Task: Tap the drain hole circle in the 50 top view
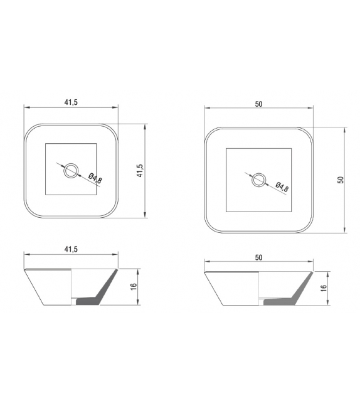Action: coord(258,180)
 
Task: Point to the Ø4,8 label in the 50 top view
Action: coord(282,187)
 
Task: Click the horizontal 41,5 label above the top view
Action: coord(70,103)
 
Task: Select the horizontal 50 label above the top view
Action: coord(258,104)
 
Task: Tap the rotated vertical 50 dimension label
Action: coord(340,180)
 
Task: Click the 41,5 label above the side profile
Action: coord(70,249)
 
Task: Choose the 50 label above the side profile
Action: coord(258,257)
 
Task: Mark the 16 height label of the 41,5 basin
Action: coord(134,286)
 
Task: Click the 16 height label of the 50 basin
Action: coord(322,289)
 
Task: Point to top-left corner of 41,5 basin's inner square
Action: coord(46,144)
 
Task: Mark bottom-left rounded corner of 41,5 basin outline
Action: coord(29,212)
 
